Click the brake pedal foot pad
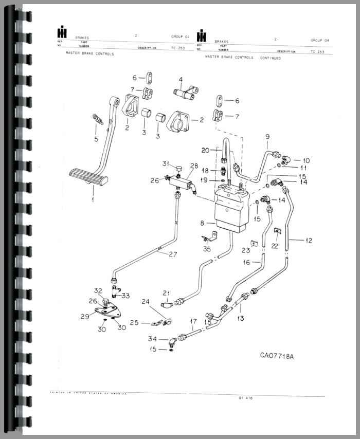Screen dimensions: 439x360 [88, 177]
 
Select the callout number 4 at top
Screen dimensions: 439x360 [181, 80]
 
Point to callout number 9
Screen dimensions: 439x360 [267, 136]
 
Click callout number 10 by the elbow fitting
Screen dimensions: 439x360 [306, 161]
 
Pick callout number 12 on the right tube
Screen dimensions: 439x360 [309, 240]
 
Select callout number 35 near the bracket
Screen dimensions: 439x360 [207, 249]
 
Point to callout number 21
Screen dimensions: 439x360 [166, 293]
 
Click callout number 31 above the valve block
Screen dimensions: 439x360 [166, 164]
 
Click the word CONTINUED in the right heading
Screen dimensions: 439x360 [270, 59]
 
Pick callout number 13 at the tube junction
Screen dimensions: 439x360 [241, 319]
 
